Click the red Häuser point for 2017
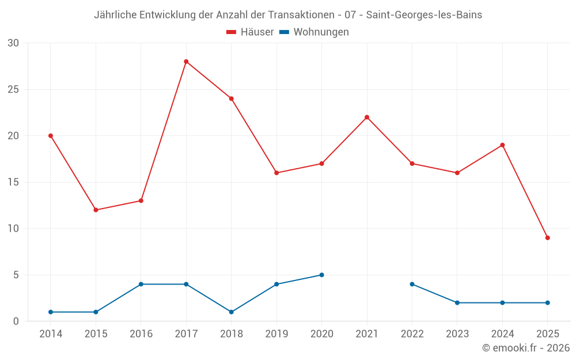click(186, 62)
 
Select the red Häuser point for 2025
click(547, 238)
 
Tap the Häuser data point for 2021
click(367, 118)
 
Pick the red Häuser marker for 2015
click(96, 210)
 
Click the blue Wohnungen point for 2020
click(321, 275)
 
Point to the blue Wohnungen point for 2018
click(232, 312)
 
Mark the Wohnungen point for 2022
click(412, 284)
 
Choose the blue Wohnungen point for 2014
click(51, 312)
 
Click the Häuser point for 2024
click(502, 145)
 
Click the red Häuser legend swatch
click(232, 32)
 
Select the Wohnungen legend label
click(321, 32)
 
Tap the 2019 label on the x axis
click(276, 334)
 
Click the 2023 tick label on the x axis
click(457, 334)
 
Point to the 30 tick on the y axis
click(13, 43)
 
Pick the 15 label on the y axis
click(13, 182)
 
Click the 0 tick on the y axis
click(16, 321)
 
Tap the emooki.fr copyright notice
click(525, 348)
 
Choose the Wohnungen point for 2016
click(141, 284)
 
